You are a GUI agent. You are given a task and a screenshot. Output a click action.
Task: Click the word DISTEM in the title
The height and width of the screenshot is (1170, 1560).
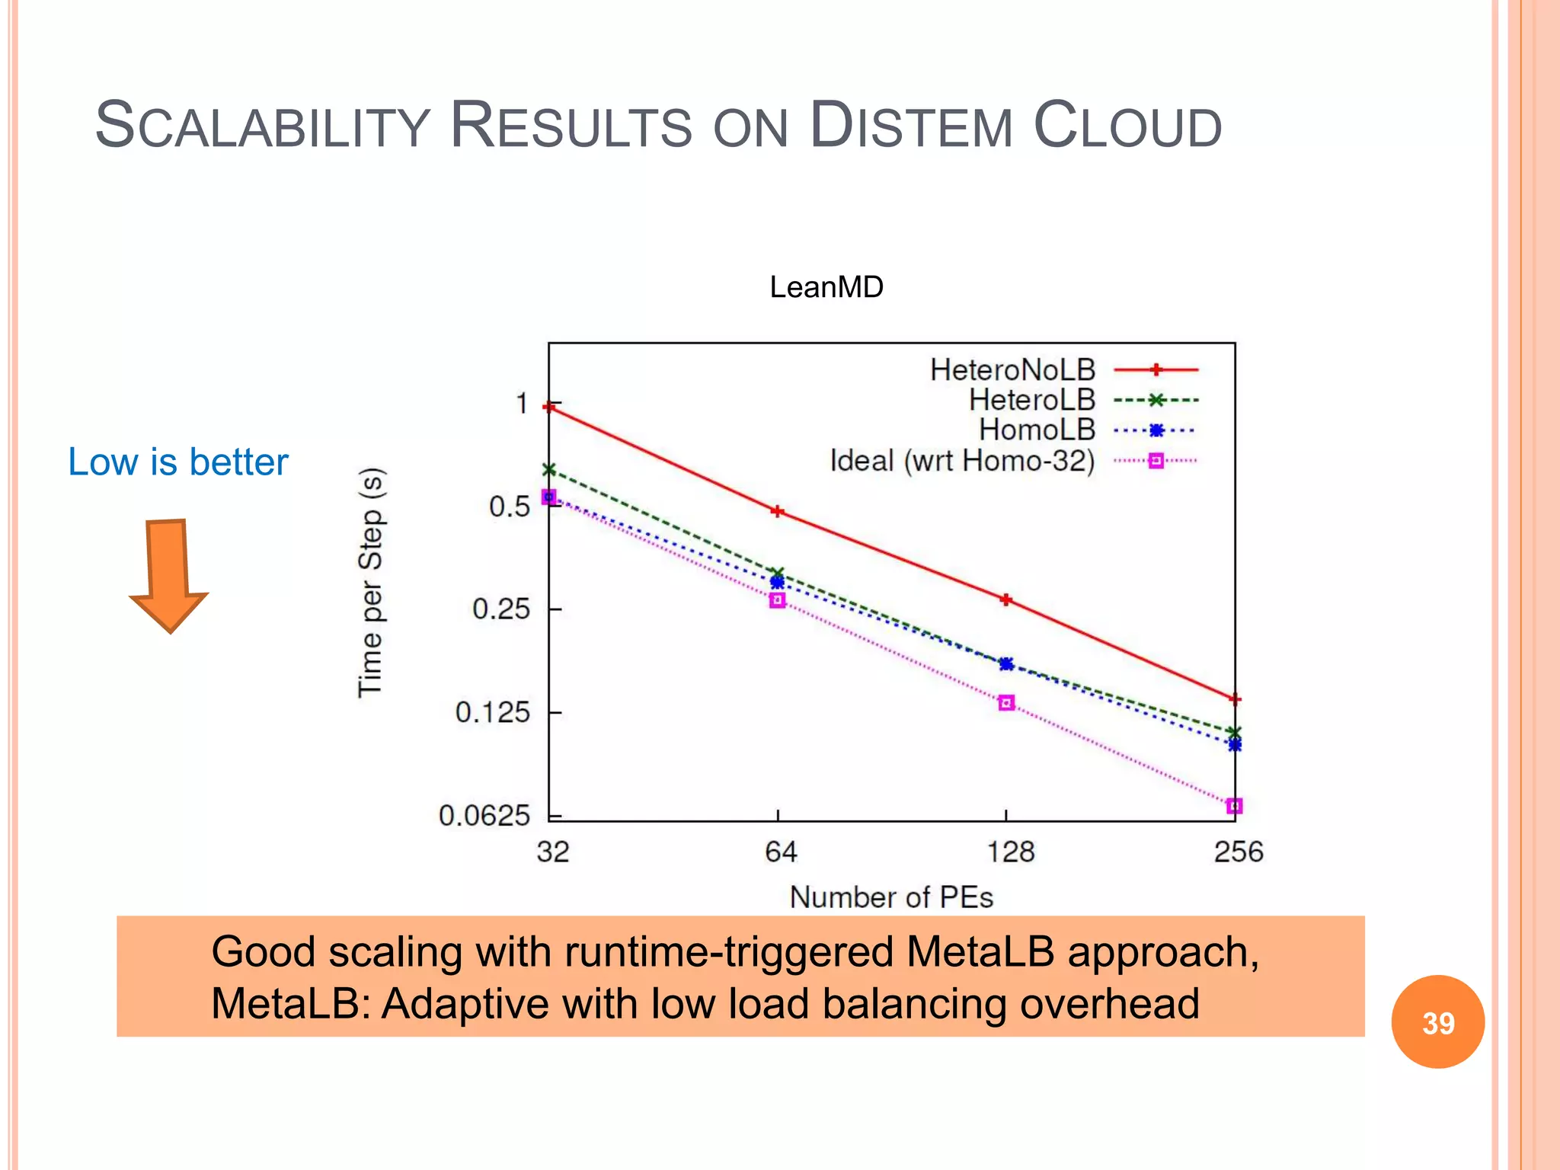(911, 126)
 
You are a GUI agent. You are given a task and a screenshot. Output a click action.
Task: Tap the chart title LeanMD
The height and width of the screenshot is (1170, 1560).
(826, 287)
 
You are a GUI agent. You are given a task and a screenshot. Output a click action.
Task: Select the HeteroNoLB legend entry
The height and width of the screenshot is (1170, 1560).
(1012, 370)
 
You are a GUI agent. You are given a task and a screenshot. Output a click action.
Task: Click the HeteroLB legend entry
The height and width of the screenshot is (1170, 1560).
(1031, 400)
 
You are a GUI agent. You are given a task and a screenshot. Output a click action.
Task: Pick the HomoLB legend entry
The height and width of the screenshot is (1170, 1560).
(1037, 430)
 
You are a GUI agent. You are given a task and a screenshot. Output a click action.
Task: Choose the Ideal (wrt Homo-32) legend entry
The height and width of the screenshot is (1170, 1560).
(962, 461)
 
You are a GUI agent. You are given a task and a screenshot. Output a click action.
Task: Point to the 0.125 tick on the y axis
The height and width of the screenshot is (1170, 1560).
(492, 713)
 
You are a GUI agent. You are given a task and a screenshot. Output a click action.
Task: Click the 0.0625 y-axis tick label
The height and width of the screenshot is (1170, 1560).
(484, 816)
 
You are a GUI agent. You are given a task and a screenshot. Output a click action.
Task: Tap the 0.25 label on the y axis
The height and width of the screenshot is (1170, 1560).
(500, 609)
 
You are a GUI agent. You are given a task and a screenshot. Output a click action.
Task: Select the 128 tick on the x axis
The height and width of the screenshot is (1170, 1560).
(1010, 852)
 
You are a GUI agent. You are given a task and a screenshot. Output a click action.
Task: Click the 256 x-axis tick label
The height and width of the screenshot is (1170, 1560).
(1238, 852)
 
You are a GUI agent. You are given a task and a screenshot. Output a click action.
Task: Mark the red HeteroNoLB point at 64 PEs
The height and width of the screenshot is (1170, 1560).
(777, 511)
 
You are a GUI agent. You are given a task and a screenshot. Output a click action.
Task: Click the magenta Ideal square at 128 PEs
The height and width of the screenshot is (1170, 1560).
(1006, 702)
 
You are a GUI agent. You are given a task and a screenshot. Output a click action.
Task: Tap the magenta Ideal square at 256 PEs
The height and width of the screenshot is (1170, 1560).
(1235, 806)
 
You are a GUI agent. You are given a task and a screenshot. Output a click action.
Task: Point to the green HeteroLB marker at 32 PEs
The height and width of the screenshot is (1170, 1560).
(549, 469)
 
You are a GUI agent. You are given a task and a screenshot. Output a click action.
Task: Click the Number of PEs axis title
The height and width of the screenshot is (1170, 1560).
(891, 897)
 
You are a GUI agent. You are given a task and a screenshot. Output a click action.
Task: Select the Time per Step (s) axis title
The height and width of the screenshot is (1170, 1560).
(371, 582)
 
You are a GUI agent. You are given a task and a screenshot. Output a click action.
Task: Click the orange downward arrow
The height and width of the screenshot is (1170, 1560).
(168, 575)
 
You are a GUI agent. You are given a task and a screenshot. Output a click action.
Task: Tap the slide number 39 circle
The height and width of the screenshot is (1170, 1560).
(1437, 1022)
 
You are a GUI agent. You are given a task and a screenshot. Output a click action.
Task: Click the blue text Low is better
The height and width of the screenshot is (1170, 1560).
(178, 462)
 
